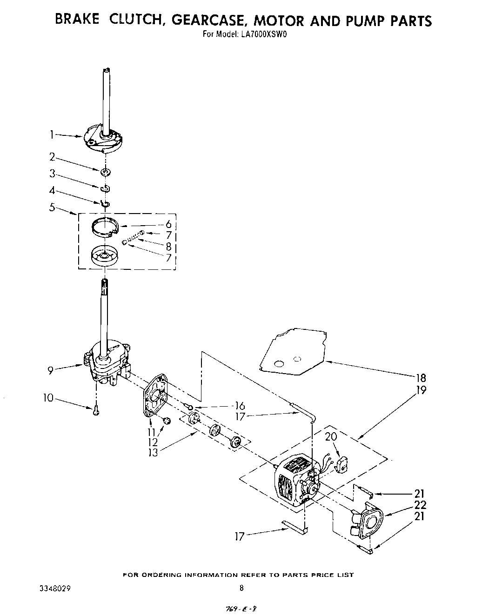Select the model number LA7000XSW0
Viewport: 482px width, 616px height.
pyautogui.click(x=263, y=33)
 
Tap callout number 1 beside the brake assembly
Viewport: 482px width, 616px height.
pyautogui.click(x=53, y=135)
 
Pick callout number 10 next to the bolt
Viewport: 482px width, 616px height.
pyautogui.click(x=49, y=398)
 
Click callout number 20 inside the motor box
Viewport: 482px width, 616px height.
pyautogui.click(x=331, y=436)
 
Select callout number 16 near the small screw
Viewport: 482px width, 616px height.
pyautogui.click(x=240, y=406)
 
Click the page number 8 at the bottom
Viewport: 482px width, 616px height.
pyautogui.click(x=241, y=588)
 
